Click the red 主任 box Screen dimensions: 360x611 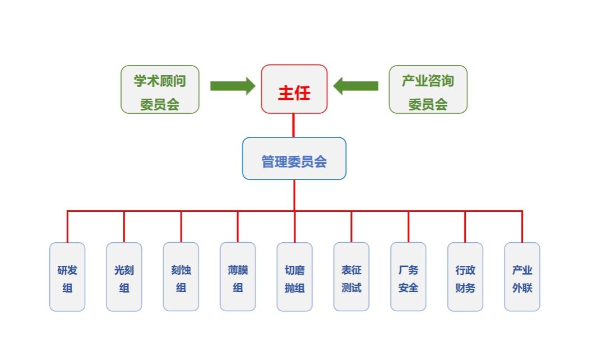click(294, 89)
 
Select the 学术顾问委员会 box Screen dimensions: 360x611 click(160, 89)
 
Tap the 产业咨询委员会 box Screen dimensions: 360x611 click(428, 89)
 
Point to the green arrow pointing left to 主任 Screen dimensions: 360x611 click(356, 86)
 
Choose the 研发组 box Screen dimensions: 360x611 click(67, 277)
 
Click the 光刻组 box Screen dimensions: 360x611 click(124, 277)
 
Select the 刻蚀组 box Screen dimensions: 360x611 click(181, 277)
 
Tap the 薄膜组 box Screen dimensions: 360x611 click(238, 277)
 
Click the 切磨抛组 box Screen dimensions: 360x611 click(295, 277)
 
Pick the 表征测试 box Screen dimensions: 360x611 click(351, 277)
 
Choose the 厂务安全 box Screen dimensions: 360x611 click(408, 277)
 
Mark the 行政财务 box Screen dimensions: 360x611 click(465, 277)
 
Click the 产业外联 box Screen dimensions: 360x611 click(522, 277)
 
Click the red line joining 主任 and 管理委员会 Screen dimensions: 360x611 click(294, 126)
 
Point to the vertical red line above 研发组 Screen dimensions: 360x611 click(67, 227)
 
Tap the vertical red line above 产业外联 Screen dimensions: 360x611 click(522, 227)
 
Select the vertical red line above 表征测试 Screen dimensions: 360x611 click(351, 227)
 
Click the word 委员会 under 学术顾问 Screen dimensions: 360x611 click(160, 104)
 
